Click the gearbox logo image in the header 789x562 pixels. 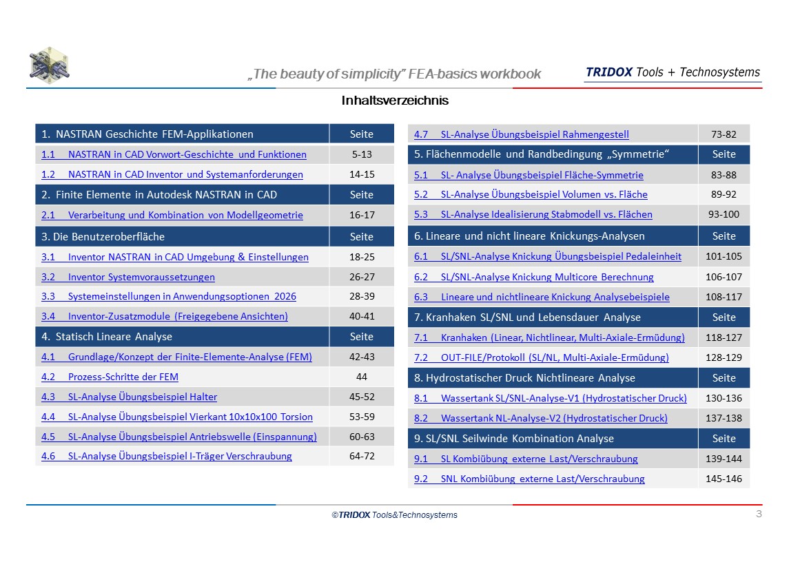(x=50, y=65)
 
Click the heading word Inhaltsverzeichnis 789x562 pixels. (x=395, y=100)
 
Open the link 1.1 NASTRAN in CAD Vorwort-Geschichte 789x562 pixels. (x=174, y=154)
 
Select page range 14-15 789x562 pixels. (x=362, y=174)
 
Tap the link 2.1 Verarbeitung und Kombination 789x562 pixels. (x=172, y=215)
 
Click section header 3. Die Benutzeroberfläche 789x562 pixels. (x=103, y=236)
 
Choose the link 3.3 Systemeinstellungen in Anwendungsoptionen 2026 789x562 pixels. (x=169, y=296)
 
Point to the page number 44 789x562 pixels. (x=362, y=377)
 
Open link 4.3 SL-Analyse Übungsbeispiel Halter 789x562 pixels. (x=130, y=397)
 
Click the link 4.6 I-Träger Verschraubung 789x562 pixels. (x=167, y=457)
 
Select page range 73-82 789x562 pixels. (x=724, y=134)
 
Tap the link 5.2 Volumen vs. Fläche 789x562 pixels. (x=531, y=194)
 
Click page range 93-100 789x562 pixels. (x=724, y=214)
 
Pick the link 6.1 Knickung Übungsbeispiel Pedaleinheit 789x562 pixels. (x=547, y=257)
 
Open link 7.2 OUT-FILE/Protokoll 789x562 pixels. (x=542, y=357)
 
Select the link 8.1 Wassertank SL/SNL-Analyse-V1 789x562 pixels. (x=551, y=398)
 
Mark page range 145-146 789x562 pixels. (x=724, y=479)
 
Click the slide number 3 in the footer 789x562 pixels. (x=759, y=514)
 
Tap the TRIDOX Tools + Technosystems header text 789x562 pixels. (x=673, y=72)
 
